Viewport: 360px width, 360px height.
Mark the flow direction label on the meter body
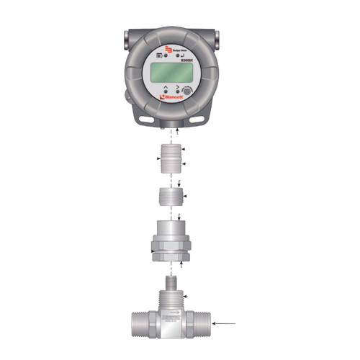point(171,315)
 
